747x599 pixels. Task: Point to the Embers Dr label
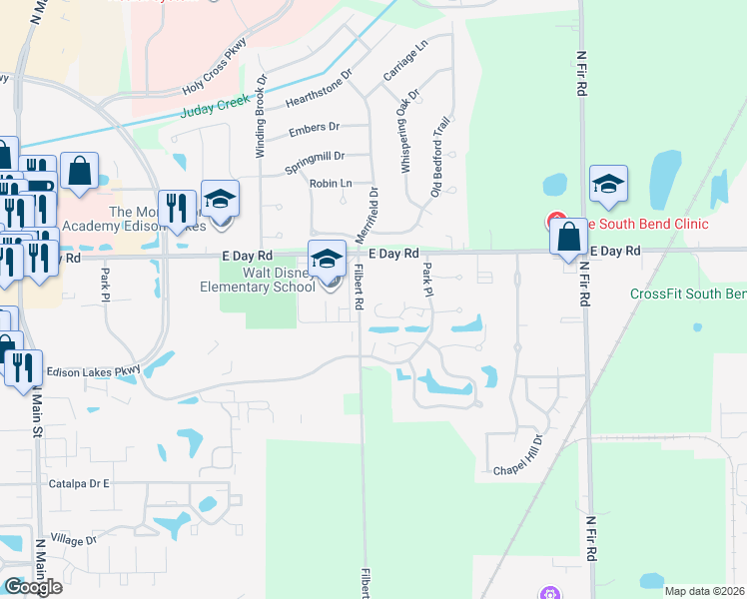coord(314,129)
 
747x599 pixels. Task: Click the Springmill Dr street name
coord(314,158)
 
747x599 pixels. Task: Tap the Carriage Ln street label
coord(404,61)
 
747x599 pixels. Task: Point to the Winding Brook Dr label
coord(261,115)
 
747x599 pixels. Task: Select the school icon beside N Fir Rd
coord(607,185)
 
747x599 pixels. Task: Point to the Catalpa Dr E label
coord(78,483)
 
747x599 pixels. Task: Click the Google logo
coord(33,586)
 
